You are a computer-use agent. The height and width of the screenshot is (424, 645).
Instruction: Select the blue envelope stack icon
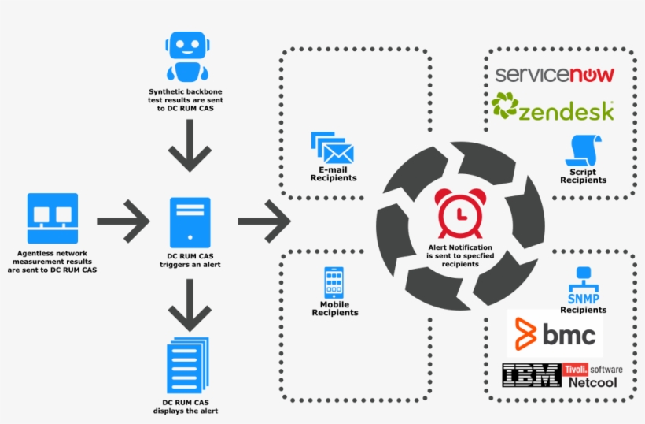tap(332, 147)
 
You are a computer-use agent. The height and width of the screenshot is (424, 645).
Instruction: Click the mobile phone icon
tap(334, 283)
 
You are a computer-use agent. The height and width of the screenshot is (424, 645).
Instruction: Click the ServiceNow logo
tap(555, 75)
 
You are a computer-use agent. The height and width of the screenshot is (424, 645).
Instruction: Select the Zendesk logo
tap(553, 108)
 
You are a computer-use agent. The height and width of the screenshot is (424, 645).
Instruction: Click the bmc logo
tap(555, 334)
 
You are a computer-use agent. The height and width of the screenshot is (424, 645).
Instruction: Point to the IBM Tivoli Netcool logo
tap(561, 375)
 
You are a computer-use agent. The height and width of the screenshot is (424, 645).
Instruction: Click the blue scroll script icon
tap(584, 150)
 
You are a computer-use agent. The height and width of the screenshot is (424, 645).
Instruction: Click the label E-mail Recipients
tap(333, 174)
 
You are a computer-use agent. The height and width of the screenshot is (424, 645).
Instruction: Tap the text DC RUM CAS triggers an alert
tap(189, 261)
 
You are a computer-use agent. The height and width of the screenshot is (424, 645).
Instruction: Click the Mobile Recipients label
tap(334, 308)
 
